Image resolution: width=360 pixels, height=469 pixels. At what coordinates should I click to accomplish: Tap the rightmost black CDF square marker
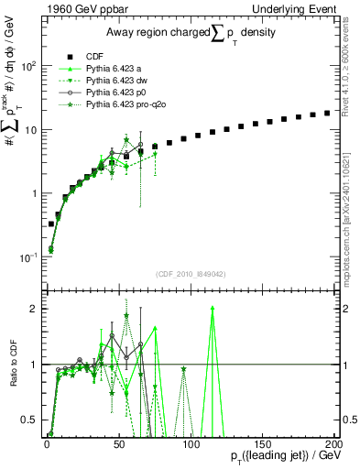[327, 114]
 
